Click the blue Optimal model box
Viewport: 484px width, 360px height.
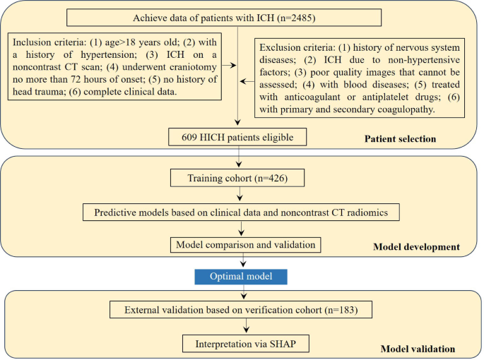pos(241,277)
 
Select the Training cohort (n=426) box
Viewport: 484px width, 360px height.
pos(237,178)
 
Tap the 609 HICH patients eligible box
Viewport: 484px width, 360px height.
pos(237,137)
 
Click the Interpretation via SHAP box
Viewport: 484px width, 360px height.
pos(246,344)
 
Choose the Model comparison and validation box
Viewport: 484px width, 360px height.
pos(245,245)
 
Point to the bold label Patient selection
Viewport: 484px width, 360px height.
pos(400,139)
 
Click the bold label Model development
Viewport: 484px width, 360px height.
pos(416,247)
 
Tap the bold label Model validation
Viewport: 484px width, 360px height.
pos(418,349)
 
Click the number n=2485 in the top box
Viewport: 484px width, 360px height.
pos(296,18)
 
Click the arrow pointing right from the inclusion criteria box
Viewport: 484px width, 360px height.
pos(229,65)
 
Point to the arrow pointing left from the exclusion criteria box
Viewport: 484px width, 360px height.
pos(247,81)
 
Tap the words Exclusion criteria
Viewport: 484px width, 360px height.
pos(297,47)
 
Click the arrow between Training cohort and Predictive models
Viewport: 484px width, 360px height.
pos(240,194)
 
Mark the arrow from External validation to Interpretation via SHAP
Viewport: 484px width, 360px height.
pos(246,325)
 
